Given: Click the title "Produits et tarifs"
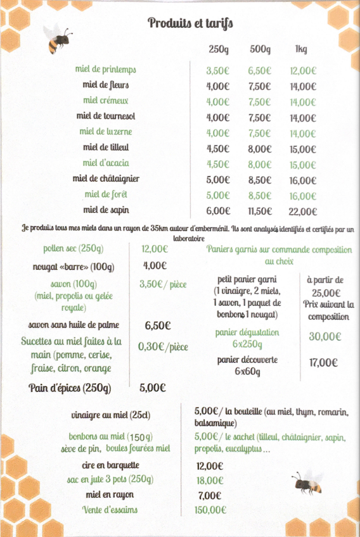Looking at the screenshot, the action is (x=190, y=24).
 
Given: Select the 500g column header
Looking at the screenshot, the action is (x=260, y=50).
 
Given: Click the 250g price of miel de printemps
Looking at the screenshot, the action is (x=217, y=71).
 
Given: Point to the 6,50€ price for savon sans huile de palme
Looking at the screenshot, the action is (x=158, y=326).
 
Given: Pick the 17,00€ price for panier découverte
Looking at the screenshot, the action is (x=322, y=363).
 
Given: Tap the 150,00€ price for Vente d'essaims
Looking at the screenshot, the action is (x=211, y=510).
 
